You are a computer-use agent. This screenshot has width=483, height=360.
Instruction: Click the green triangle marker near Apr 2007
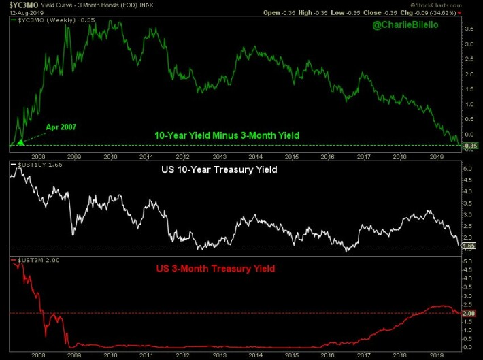[x=20, y=142]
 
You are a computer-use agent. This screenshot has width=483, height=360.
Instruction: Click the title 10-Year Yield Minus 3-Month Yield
[x=227, y=136]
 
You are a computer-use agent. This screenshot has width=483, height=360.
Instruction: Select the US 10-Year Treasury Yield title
[x=218, y=169]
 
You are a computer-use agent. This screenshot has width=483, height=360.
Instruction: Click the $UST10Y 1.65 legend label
[x=35, y=165]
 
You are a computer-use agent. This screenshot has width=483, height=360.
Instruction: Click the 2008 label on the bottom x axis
[x=38, y=355]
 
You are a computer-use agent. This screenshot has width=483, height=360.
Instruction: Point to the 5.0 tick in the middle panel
[x=469, y=167]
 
